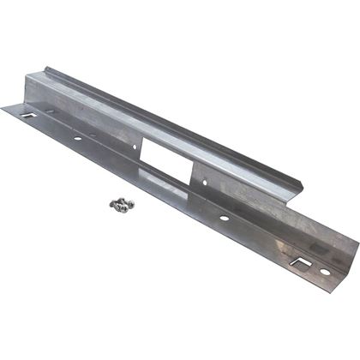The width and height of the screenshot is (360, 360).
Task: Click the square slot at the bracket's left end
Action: [x=28, y=114]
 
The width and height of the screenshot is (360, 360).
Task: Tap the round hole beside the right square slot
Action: [x=325, y=272]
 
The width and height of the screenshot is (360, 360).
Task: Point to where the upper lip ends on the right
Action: [x=302, y=183]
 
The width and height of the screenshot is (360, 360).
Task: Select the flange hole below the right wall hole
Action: [x=224, y=218]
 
